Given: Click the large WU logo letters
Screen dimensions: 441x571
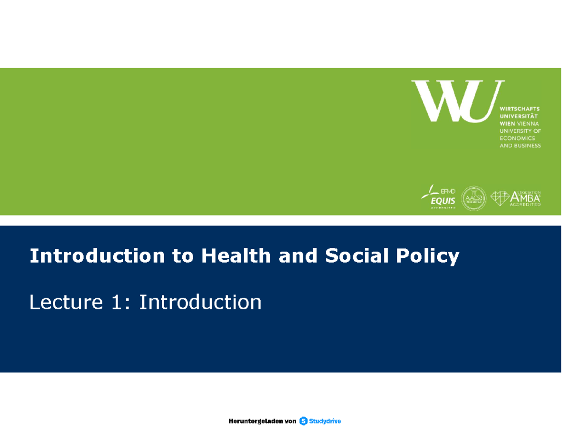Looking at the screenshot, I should tap(457, 100).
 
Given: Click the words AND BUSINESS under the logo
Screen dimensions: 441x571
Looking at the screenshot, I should tap(520, 146).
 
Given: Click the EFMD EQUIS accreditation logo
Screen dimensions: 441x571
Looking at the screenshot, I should tap(438, 196).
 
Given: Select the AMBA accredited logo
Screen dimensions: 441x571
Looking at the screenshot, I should tap(516, 197).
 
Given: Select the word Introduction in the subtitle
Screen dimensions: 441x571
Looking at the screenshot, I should tap(200, 302).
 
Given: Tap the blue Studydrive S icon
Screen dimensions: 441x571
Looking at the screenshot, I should tap(304, 421).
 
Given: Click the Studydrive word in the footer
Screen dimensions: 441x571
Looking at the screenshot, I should tap(325, 421).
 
